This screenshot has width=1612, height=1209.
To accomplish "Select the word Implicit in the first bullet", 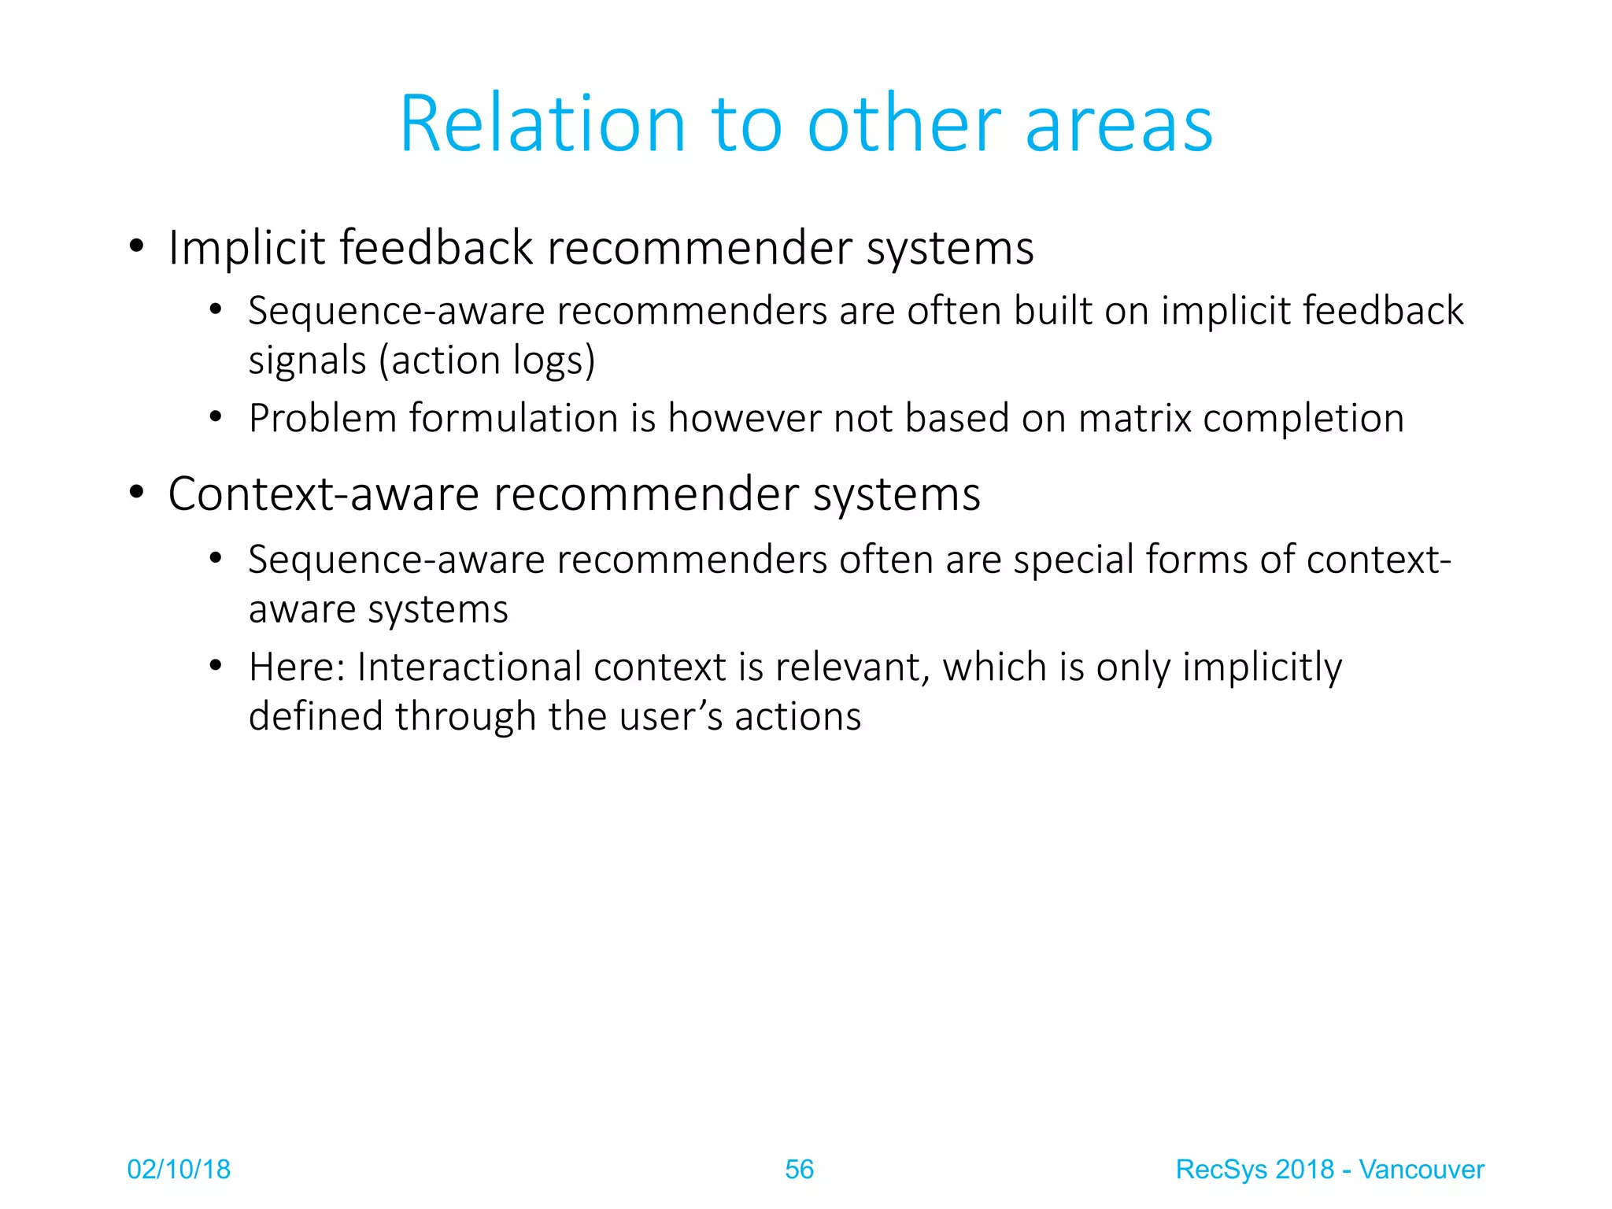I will [246, 248].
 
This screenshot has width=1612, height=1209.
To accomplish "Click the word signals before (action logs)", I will [308, 360].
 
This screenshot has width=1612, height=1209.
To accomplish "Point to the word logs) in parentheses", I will [554, 360].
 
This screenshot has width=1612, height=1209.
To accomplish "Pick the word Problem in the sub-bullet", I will [323, 418].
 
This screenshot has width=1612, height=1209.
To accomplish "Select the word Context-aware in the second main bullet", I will [324, 494].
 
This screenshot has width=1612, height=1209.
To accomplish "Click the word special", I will [1073, 560].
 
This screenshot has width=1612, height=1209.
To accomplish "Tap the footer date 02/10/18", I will [179, 1170].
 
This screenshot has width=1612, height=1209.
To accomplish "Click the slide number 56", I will [799, 1170].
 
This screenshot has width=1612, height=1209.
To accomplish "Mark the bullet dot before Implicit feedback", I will [137, 246].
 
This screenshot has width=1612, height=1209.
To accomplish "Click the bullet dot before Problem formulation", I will [216, 417].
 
